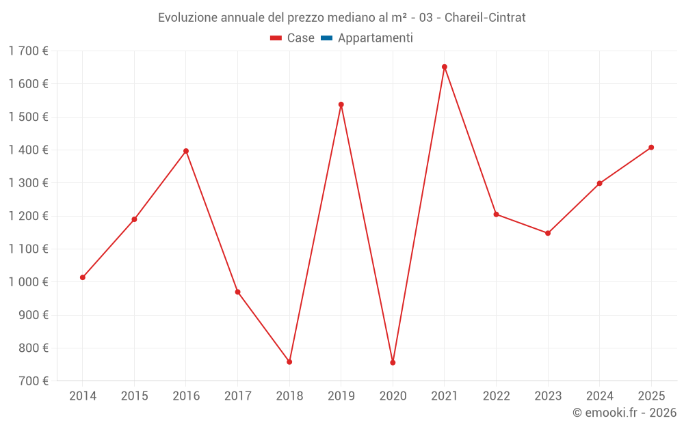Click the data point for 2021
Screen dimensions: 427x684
pos(445,67)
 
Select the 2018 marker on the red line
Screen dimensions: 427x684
pos(289,361)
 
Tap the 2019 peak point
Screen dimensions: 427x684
pos(341,105)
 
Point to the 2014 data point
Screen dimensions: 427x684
pos(83,277)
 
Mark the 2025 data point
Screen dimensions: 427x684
pos(651,148)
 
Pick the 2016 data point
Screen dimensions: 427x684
pos(186,151)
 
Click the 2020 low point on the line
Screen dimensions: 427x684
pos(393,362)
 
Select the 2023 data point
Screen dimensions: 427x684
pos(548,233)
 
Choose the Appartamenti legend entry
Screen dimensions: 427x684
pos(375,38)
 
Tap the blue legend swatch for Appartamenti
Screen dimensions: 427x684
pos(326,38)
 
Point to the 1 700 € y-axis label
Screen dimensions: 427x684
pos(28,51)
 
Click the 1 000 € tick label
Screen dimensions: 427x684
pos(28,281)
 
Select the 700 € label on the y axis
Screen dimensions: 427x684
pos(32,381)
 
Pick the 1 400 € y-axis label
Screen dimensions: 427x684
pos(28,150)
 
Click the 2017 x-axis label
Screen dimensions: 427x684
pos(237,396)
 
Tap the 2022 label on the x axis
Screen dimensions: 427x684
pos(496,396)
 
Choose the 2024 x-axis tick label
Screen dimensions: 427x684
pos(599,396)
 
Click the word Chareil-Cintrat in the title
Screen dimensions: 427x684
pos(485,18)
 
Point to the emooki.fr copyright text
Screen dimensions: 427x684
pos(624,413)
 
